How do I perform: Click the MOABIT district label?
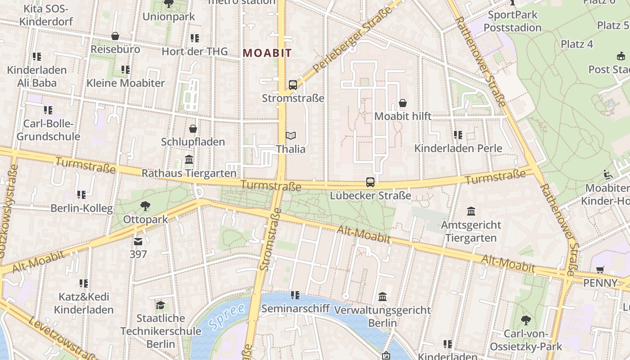[267, 53]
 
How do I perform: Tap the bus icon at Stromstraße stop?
[293, 85]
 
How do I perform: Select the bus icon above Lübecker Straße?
[370, 182]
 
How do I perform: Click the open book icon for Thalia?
[291, 135]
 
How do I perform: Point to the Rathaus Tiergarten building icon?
[189, 160]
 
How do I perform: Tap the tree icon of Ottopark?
[145, 206]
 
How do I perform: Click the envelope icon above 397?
[138, 241]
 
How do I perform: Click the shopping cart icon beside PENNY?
[600, 270]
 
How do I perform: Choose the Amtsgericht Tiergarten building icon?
[471, 211]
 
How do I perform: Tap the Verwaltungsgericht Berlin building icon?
[382, 297]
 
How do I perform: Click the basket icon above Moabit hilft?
[403, 103]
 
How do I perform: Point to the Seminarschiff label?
[295, 309]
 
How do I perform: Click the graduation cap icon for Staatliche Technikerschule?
[161, 305]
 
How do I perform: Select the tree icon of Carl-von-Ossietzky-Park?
[526, 320]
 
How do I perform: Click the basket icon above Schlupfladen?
[193, 129]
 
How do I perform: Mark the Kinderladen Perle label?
[458, 148]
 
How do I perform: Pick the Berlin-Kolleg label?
[81, 208]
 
